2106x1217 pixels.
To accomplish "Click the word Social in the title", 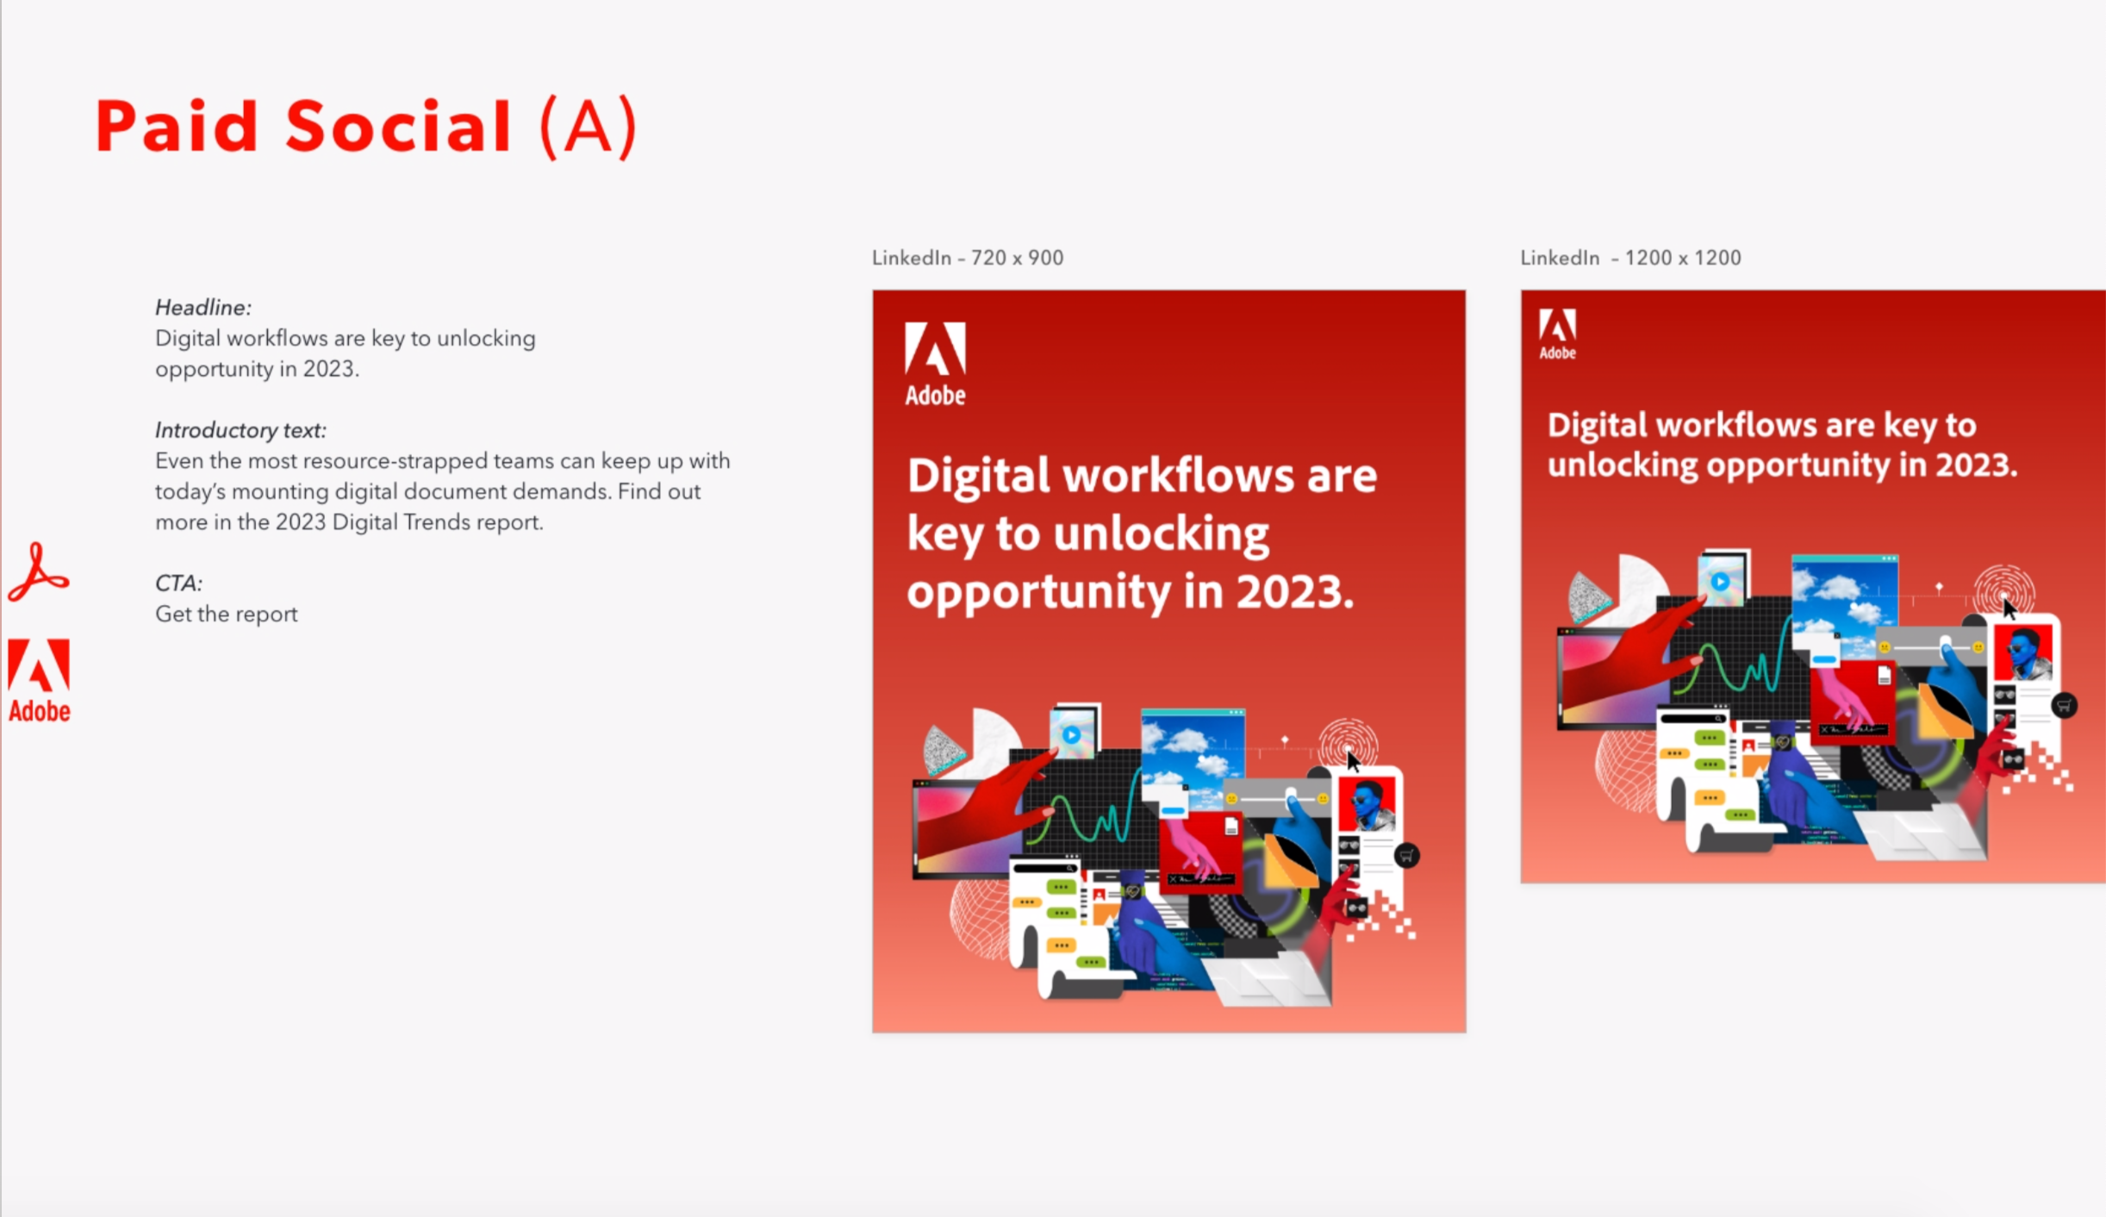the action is point(398,127).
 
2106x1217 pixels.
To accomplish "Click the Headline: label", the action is point(203,308).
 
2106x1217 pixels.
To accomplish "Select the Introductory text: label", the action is point(240,430).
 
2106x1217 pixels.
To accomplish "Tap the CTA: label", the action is point(178,584).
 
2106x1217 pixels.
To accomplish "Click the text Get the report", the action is point(227,615).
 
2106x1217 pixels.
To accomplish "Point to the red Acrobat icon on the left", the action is point(38,571).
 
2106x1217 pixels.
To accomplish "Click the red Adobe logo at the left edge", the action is point(39,680).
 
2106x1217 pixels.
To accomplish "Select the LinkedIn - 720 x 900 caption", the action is point(968,258).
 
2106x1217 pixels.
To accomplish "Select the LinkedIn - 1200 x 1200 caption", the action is point(1630,258).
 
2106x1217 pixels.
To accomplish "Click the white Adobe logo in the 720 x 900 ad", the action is point(935,364).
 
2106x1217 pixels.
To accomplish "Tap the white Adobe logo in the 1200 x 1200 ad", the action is point(1557,334).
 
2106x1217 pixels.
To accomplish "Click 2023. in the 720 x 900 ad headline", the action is point(1295,592).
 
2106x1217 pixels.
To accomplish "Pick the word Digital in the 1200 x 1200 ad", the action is point(1597,426).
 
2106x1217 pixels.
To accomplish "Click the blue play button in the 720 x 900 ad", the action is point(1071,735).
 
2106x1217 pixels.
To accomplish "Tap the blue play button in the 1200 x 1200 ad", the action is point(1720,582).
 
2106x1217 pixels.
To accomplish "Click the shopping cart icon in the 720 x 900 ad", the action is point(1406,856).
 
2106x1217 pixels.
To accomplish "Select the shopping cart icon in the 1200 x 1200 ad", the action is point(2064,706).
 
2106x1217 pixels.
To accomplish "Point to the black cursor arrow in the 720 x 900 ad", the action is point(1353,761).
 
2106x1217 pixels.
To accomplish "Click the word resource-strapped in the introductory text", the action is point(394,461).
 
